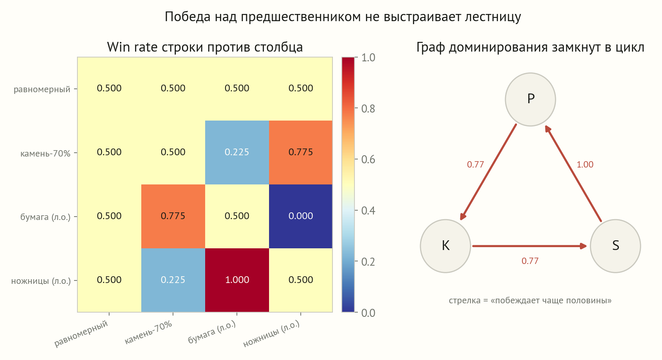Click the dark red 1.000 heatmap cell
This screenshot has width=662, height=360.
237,280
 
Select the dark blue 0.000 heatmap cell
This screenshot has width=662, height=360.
301,216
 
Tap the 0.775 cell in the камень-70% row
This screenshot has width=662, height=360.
301,152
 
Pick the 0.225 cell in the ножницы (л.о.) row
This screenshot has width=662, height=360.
173,280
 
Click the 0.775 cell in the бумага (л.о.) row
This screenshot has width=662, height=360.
173,216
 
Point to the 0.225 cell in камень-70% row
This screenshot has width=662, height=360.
237,152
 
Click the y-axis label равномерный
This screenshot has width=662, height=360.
42,89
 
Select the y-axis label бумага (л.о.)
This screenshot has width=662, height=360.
45,217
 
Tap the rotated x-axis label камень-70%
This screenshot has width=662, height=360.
148,333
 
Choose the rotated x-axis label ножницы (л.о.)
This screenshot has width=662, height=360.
272,334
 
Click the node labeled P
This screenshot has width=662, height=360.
530,99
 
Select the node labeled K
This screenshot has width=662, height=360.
445,246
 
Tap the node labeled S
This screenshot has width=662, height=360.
615,246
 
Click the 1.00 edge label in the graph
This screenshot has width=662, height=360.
585,165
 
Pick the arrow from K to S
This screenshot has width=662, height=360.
530,246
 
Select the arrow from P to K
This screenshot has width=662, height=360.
488,172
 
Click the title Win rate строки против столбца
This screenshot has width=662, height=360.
205,47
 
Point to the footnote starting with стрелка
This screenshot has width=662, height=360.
530,301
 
